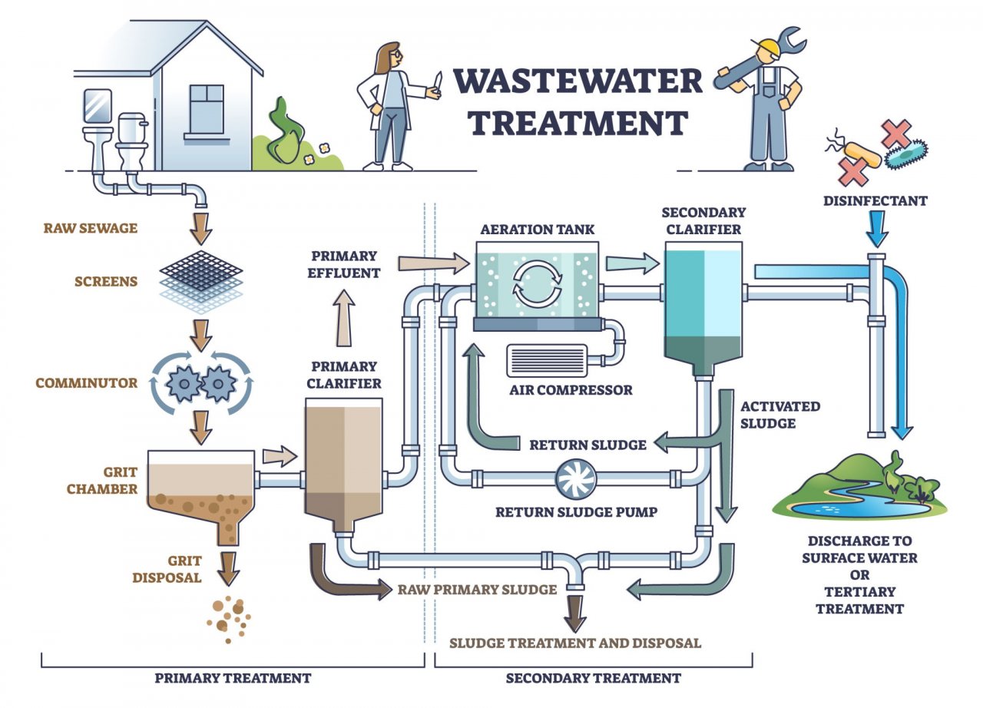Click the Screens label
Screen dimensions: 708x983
106,281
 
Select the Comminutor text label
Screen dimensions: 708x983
86,382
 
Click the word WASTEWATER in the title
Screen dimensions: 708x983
577,81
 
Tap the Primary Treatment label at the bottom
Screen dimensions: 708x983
233,678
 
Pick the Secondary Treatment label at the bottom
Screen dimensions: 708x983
593,678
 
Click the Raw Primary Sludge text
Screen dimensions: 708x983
476,590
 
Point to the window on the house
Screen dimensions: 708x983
206,109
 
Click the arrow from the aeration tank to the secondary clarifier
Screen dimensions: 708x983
632,264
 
